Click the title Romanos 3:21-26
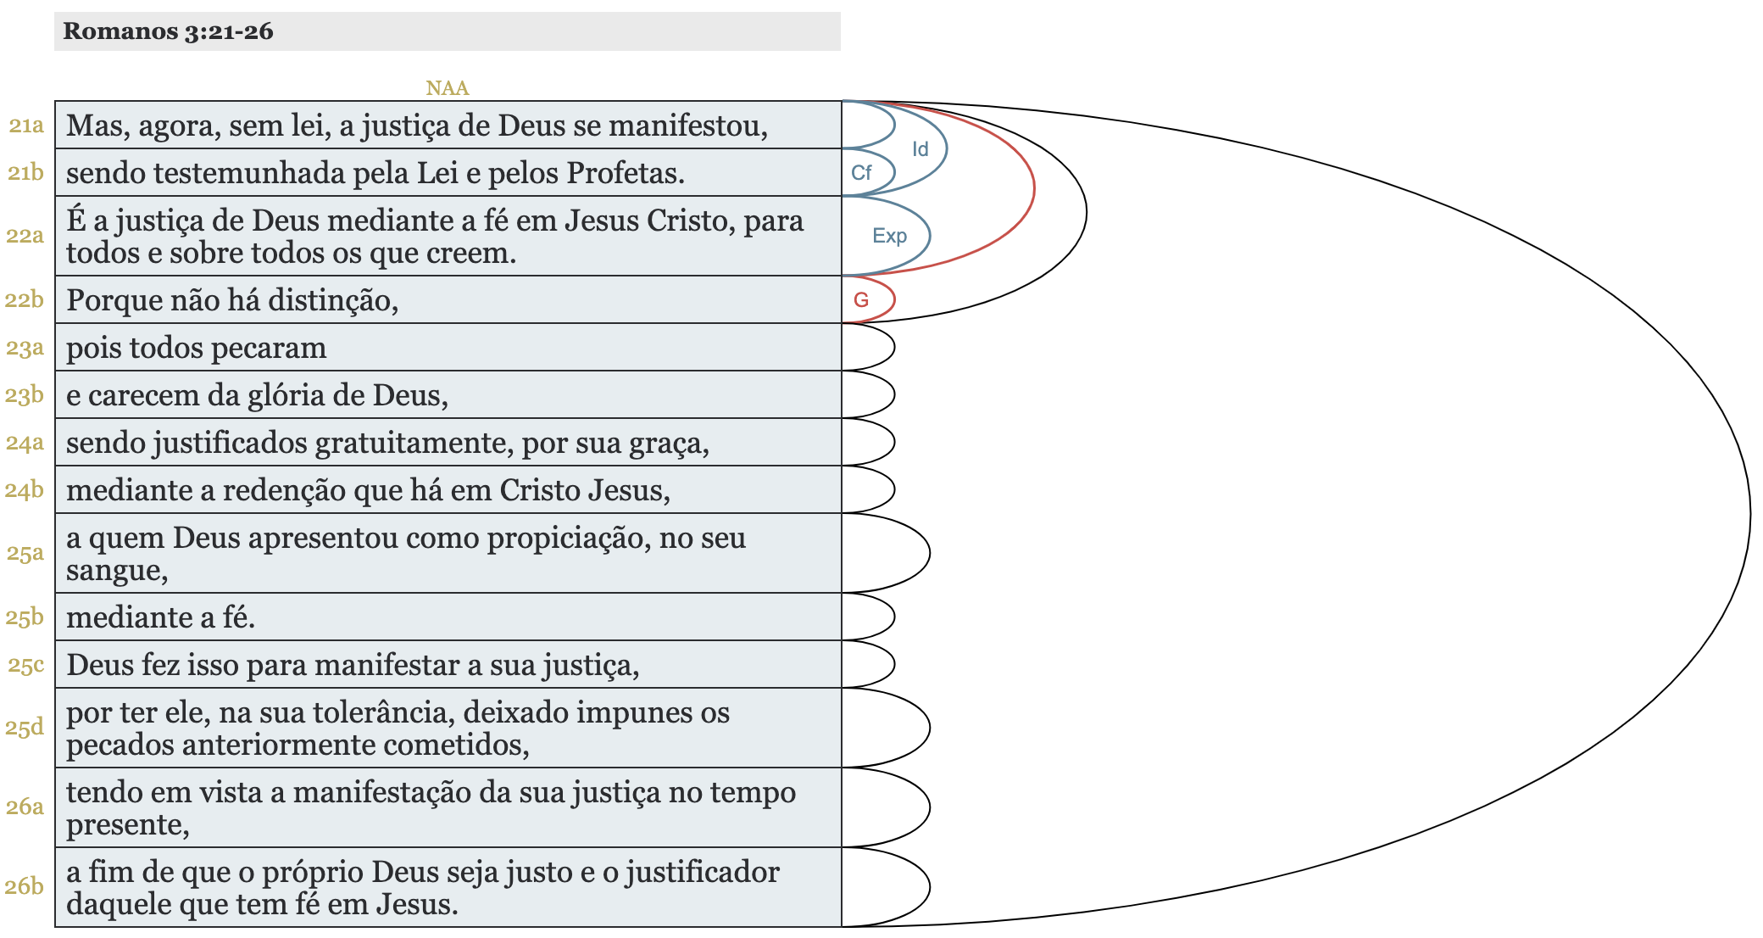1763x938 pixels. (168, 31)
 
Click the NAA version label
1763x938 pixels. (447, 88)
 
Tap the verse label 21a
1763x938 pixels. (26, 126)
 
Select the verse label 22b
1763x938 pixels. (25, 299)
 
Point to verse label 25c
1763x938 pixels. (25, 665)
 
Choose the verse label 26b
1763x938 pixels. (25, 886)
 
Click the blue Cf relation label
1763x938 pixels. (861, 173)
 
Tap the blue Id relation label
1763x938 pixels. (920, 149)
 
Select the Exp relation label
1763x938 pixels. (889, 236)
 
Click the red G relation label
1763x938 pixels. (861, 299)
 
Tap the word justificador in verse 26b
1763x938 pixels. (703, 872)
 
